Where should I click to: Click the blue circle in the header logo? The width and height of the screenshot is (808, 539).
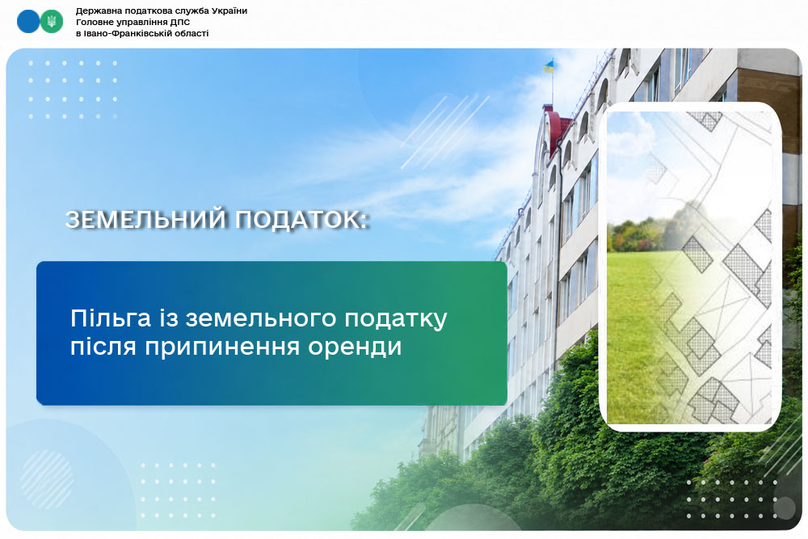click(28, 22)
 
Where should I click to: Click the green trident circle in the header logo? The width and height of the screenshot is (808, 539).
click(51, 22)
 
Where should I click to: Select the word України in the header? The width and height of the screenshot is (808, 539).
click(230, 11)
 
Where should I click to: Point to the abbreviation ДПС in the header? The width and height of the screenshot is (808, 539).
click(180, 22)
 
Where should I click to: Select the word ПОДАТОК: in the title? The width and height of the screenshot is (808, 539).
click(302, 220)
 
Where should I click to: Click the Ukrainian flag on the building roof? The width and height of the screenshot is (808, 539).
click(549, 66)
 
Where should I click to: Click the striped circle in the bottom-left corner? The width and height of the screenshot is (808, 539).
click(48, 480)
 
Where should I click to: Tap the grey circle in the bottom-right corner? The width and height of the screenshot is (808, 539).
click(785, 508)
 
